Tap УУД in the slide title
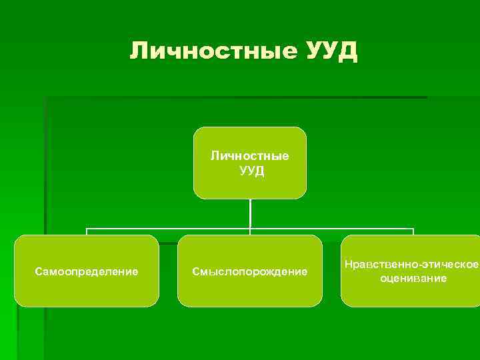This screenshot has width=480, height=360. click(331, 51)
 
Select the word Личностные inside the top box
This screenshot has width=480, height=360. click(250, 156)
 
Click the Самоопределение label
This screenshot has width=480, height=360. click(87, 271)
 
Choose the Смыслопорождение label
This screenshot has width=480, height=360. click(250, 271)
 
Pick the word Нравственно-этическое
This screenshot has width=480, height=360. click(412, 265)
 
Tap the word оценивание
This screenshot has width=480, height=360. click(413, 278)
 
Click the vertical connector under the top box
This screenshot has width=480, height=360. click(250, 213)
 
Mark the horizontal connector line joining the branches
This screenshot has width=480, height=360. click(167, 229)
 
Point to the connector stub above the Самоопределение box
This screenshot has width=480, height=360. click(87, 232)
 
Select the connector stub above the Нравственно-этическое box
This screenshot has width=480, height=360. click(413, 232)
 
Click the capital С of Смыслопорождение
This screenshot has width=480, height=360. click(195, 271)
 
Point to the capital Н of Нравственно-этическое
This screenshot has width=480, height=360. click(349, 265)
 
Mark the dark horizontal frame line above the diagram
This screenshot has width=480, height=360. click(233, 98)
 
